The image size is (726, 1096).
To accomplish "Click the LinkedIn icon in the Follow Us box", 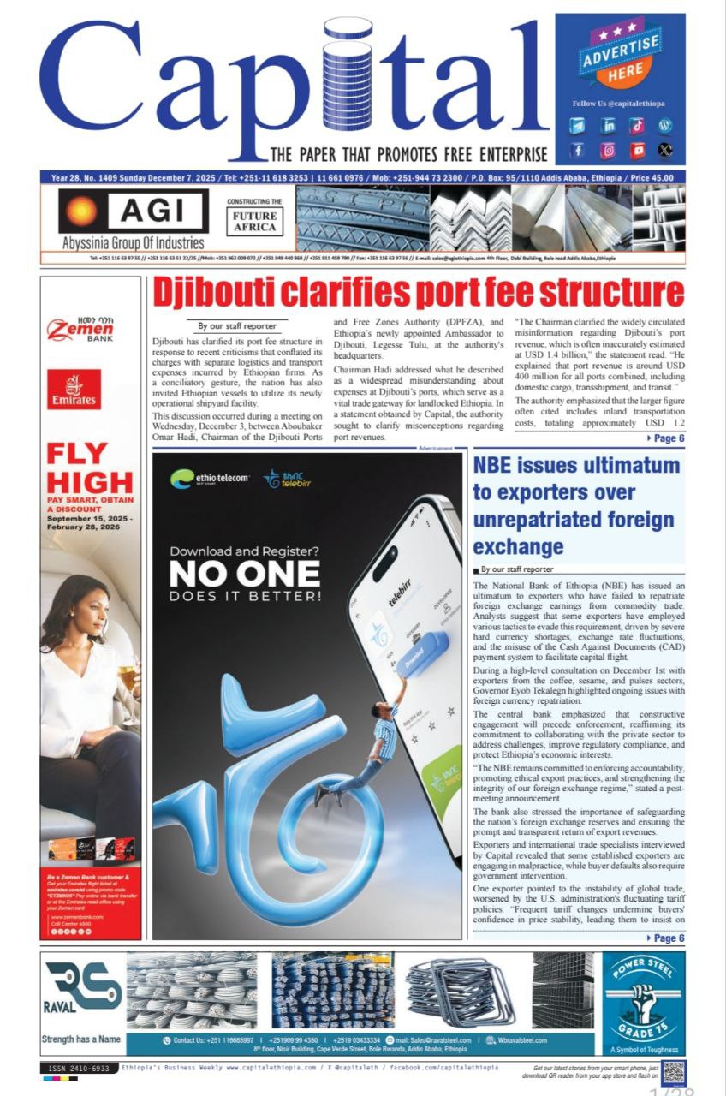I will [x=609, y=126].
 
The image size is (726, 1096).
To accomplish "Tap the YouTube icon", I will [x=637, y=151].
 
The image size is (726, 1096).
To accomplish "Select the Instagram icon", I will [x=609, y=151].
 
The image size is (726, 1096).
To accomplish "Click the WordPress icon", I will [x=665, y=126].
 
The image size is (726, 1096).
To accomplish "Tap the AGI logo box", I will [x=133, y=212].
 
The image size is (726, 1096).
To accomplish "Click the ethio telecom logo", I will [x=209, y=478].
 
